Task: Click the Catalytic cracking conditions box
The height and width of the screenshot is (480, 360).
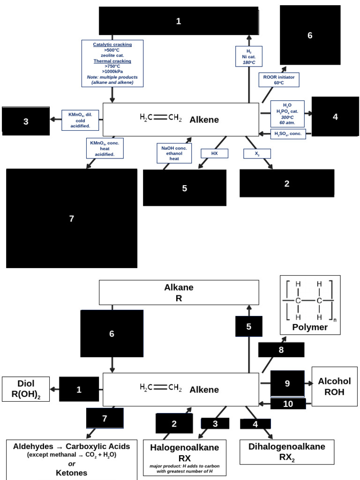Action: pyautogui.click(x=112, y=63)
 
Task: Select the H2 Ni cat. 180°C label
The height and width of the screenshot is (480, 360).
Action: pyautogui.click(x=248, y=56)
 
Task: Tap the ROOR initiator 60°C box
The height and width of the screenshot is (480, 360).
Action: pyautogui.click(x=279, y=80)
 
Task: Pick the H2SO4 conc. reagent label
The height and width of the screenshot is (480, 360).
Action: pyautogui.click(x=288, y=134)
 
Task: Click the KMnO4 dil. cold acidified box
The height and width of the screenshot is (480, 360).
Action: pyautogui.click(x=80, y=120)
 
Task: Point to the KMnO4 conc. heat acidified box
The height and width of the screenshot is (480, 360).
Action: pyautogui.click(x=105, y=148)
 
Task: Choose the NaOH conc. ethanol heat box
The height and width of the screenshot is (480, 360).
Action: pyautogui.click(x=174, y=153)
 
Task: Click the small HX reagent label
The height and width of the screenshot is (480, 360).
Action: pyautogui.click(x=215, y=153)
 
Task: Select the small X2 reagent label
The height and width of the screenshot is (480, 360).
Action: pyautogui.click(x=257, y=153)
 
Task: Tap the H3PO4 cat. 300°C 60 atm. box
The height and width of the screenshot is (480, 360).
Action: pyautogui.click(x=287, y=113)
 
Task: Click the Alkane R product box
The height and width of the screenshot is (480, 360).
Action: pyautogui.click(x=179, y=292)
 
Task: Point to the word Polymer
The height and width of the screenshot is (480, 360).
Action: pyautogui.click(x=310, y=327)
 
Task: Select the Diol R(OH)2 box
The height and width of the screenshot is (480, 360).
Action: pyautogui.click(x=26, y=389)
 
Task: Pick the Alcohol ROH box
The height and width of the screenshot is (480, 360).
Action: pyautogui.click(x=334, y=386)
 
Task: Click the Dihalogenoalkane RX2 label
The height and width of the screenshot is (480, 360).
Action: pyautogui.click(x=287, y=452)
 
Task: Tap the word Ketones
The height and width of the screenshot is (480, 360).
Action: pyautogui.click(x=72, y=473)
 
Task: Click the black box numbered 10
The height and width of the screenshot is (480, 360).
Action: pyautogui.click(x=288, y=404)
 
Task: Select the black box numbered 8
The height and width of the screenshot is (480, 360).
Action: pyautogui.click(x=281, y=350)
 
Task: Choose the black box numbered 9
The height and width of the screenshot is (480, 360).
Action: pyautogui.click(x=287, y=383)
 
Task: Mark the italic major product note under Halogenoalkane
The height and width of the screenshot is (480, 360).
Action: pyautogui.click(x=184, y=469)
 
